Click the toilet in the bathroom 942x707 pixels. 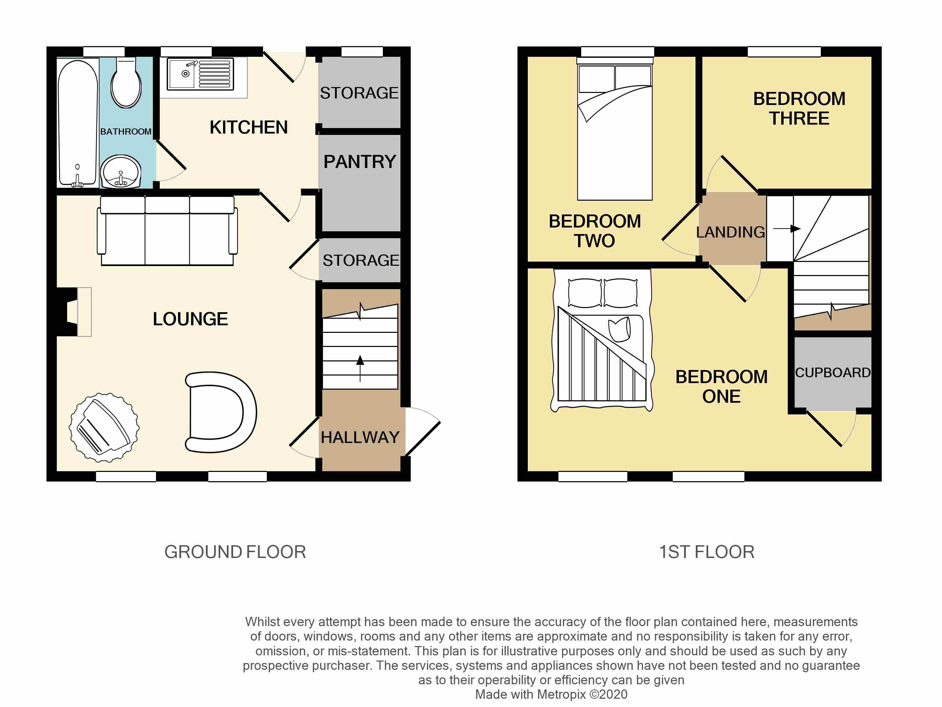pyautogui.click(x=126, y=83)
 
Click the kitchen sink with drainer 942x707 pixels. pyautogui.click(x=200, y=74)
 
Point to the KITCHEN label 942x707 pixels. pyautogui.click(x=249, y=127)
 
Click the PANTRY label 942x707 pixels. pyautogui.click(x=360, y=162)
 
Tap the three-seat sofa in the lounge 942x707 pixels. pyautogui.click(x=167, y=231)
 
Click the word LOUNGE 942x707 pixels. pyautogui.click(x=190, y=319)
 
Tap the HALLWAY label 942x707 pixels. pyautogui.click(x=360, y=437)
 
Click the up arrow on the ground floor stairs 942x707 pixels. pyautogui.click(x=360, y=369)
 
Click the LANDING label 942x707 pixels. pyautogui.click(x=730, y=232)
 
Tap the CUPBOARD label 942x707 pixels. pyautogui.click(x=833, y=372)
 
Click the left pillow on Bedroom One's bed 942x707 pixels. pyautogui.click(x=585, y=293)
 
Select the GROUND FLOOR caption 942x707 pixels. pyautogui.click(x=235, y=552)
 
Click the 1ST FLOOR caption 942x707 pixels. pyautogui.click(x=706, y=552)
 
